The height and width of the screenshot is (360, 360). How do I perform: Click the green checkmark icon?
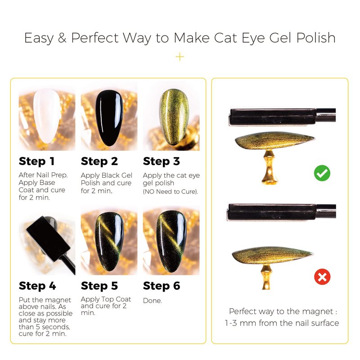coord(322,173)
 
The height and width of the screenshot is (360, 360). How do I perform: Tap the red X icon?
coord(322,277)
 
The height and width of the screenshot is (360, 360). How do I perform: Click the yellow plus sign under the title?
coord(180,57)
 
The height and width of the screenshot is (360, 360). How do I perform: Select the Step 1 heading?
coord(37,161)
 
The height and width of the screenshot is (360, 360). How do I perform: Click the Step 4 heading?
coord(37,286)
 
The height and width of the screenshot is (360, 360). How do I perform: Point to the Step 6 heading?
coord(162,286)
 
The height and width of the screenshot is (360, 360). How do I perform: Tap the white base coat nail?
coord(47,116)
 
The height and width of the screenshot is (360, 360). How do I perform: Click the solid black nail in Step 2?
coord(109,118)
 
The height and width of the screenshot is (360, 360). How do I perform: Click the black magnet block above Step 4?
coord(48,239)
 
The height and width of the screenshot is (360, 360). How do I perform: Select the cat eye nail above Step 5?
coord(109,242)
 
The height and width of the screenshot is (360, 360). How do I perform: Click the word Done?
coord(153,301)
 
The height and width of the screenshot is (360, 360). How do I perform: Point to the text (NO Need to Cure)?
coord(171,192)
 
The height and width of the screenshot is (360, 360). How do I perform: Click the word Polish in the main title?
coord(316,38)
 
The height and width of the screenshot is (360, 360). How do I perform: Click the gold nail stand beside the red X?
coord(266,277)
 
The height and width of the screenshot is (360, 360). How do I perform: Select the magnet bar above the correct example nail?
coord(282,117)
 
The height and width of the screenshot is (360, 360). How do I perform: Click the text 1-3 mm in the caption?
coord(240,323)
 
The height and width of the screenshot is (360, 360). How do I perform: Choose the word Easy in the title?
coord(39,38)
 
